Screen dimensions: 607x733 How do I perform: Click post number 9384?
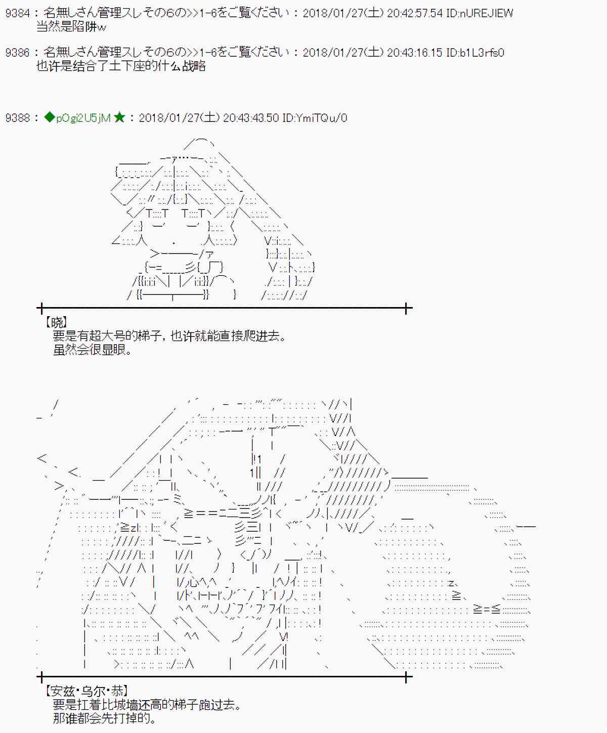pos(17,13)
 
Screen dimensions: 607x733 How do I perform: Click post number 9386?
pos(17,53)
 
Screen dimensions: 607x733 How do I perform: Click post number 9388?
pos(17,118)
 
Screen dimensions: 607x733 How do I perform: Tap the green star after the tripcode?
pos(119,118)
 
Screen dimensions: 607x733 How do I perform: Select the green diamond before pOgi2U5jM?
pos(49,118)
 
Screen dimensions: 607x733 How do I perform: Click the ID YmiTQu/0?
pos(315,118)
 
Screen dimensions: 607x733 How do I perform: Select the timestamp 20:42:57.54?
pos(415,13)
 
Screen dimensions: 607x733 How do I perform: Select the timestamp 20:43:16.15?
pos(415,53)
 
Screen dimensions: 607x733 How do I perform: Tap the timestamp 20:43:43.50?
pos(251,118)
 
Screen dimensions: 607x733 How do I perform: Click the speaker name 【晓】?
pos(56,322)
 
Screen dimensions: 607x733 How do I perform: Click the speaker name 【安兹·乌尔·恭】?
pos(86,691)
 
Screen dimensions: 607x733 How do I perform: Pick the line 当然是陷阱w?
pos(71,27)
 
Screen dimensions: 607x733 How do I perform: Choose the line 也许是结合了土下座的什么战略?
pos(121,66)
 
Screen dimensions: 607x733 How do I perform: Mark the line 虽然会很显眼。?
pos(93,350)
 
